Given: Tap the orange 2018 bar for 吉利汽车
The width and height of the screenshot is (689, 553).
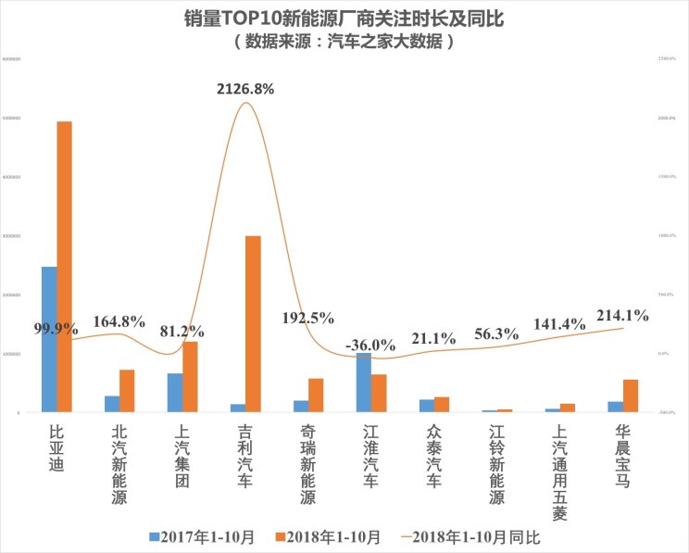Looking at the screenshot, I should (x=253, y=323).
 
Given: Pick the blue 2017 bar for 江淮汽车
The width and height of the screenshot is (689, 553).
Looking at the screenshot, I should (x=364, y=382).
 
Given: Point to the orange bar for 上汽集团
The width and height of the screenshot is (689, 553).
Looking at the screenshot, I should (x=190, y=376).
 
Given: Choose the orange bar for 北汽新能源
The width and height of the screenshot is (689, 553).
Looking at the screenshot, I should (x=127, y=390).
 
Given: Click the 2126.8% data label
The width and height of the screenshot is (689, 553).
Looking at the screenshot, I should (x=245, y=89).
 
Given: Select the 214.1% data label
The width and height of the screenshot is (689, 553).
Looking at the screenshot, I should (x=622, y=315).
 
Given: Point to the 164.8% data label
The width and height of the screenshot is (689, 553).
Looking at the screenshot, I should (x=119, y=321).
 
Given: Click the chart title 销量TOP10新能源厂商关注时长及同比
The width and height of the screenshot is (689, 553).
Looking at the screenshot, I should (x=344, y=19).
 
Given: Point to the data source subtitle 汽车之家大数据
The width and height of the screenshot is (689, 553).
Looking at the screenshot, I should (x=344, y=42).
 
